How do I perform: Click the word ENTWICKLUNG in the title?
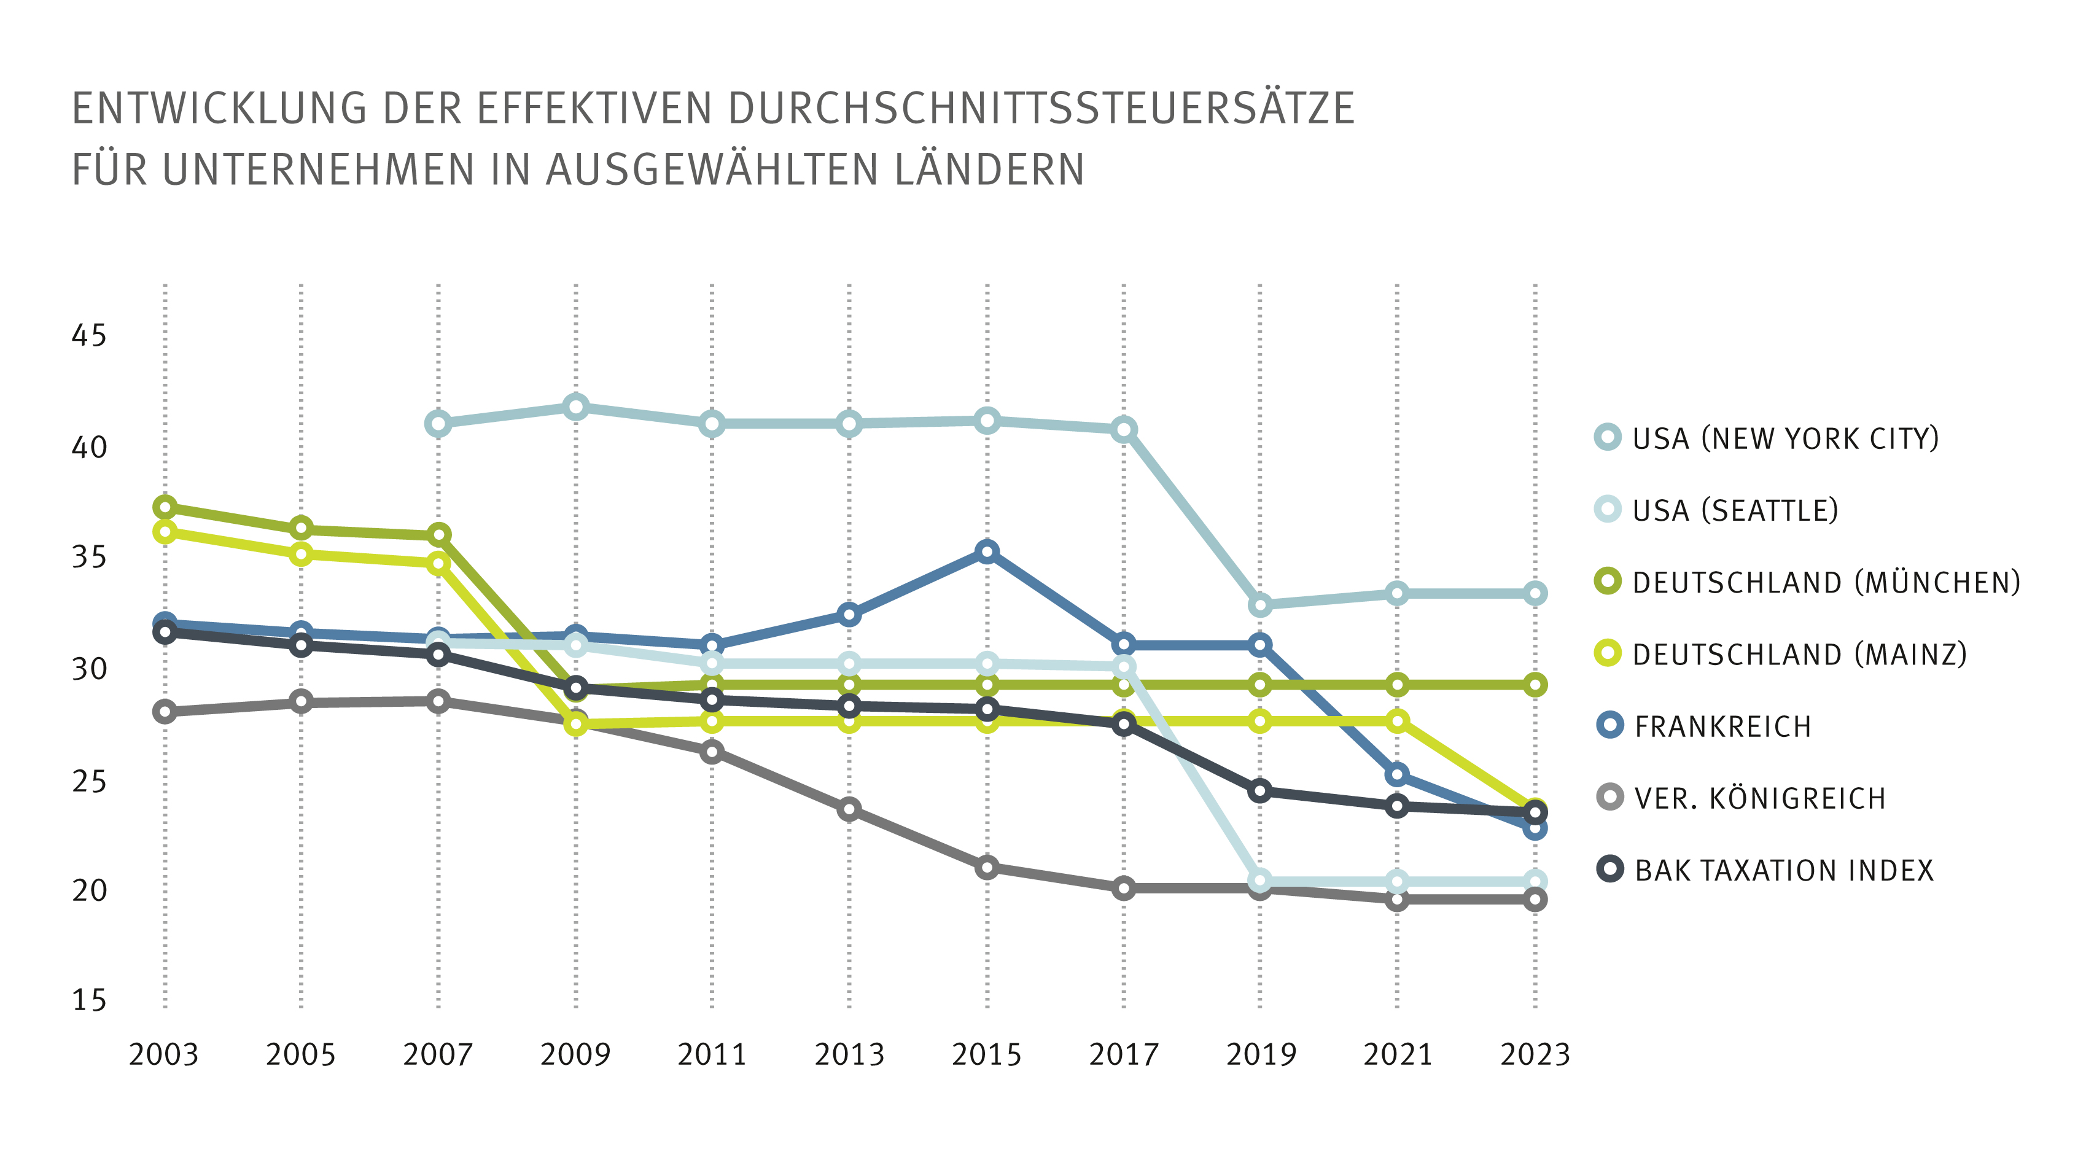pos(219,109)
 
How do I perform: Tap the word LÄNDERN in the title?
pos(989,170)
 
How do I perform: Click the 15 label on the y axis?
pos(89,1000)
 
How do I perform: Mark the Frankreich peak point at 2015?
pos(986,552)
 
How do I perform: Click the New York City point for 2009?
pos(576,407)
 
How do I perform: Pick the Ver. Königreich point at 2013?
pos(849,809)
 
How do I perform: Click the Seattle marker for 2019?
pos(1260,880)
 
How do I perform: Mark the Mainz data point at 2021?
pos(1397,720)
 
